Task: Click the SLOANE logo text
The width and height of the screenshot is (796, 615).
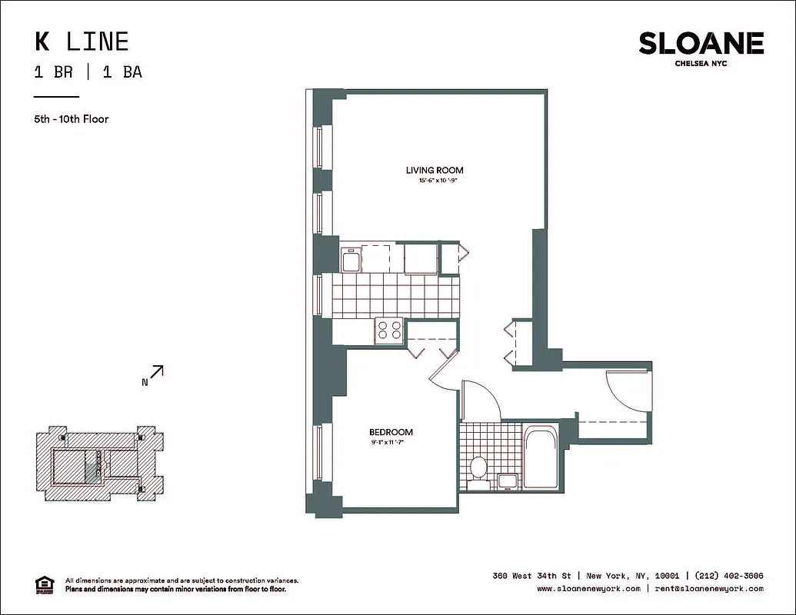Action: [x=701, y=44]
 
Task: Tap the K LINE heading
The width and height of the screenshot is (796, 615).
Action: [x=81, y=41]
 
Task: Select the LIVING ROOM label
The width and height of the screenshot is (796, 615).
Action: [x=435, y=170]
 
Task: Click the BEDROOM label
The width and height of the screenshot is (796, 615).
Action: [x=391, y=432]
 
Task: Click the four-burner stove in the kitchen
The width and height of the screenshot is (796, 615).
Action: [x=389, y=330]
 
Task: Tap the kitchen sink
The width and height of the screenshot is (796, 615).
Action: [x=350, y=260]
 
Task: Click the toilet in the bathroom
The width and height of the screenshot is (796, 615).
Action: [x=478, y=466]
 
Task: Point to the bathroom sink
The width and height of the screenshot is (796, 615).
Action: [x=507, y=481]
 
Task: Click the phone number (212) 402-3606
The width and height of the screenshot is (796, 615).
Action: [x=728, y=576]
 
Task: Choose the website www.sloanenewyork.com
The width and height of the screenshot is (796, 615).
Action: [x=588, y=589]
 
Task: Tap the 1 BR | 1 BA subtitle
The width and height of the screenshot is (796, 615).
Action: [x=88, y=73]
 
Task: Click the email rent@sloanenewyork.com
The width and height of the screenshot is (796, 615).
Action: [x=708, y=589]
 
